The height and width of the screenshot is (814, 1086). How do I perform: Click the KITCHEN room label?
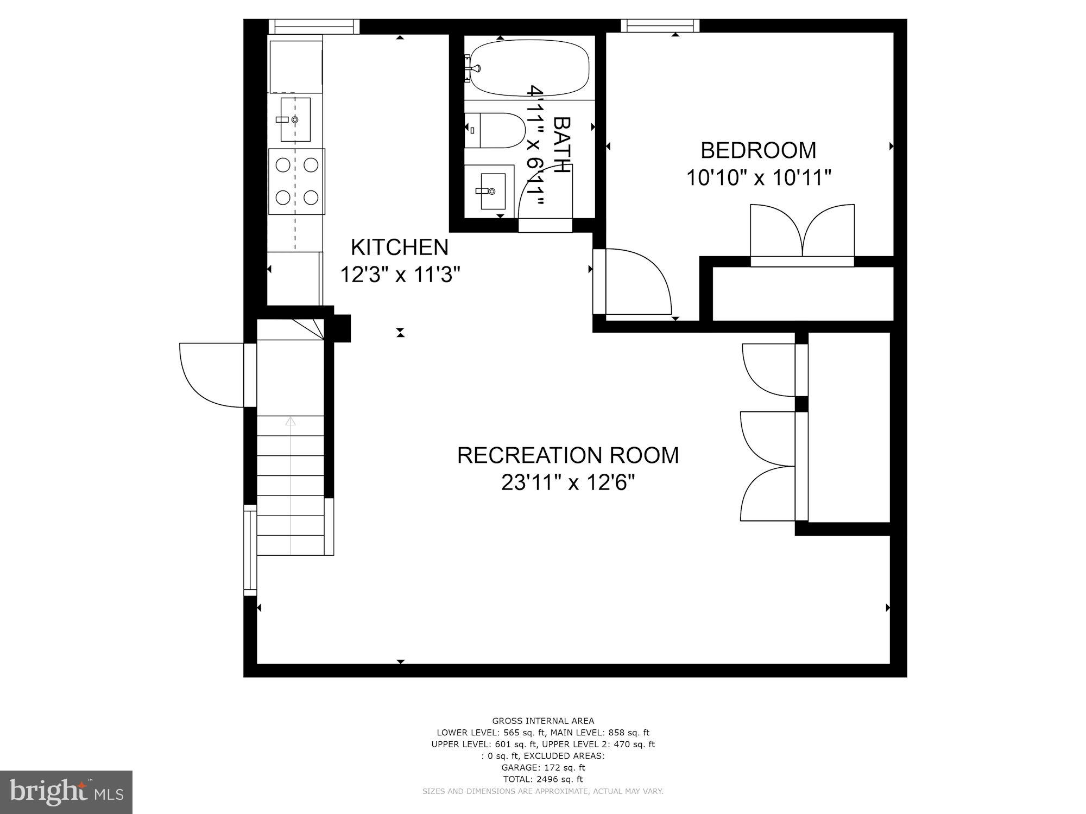click(x=400, y=247)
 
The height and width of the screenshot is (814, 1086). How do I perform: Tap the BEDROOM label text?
click(x=759, y=150)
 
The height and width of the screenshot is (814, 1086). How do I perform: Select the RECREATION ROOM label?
click(x=568, y=455)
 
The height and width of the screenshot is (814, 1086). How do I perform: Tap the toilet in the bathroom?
click(x=495, y=130)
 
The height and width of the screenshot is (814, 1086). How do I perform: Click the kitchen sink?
click(x=295, y=119)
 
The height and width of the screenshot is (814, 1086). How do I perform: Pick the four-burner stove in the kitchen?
click(x=296, y=181)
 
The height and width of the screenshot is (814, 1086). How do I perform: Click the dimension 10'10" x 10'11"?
click(x=759, y=178)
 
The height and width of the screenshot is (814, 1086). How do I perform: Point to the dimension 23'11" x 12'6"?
click(x=568, y=482)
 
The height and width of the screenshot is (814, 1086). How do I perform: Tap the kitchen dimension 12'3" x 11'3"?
click(x=400, y=275)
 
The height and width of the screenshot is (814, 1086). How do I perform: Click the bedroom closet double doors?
click(x=802, y=234)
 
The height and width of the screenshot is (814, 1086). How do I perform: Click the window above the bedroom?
click(x=660, y=26)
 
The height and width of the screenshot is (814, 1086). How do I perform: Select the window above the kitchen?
click(x=314, y=26)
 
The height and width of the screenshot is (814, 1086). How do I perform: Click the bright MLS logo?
click(x=66, y=792)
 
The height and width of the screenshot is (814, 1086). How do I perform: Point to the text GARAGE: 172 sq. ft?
click(x=543, y=767)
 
